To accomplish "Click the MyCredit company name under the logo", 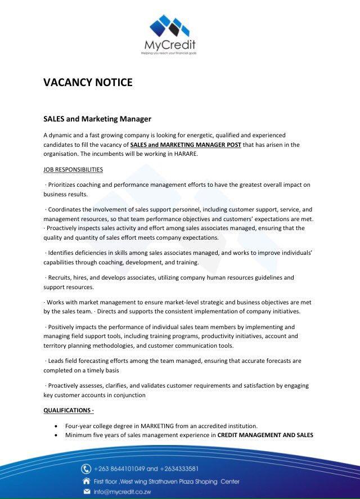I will tap(168, 45).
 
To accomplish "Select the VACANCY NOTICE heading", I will tap(88, 83).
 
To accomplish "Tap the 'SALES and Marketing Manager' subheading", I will tap(97, 119).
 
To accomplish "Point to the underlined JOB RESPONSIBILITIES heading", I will tap(73, 169).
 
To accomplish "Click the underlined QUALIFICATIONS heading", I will tap(67, 411).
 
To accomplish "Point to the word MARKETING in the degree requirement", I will tap(157, 426).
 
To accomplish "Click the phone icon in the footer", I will tap(86, 469).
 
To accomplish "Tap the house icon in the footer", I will tap(86, 481).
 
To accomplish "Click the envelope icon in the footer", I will tap(86, 492).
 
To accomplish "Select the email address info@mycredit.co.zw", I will tap(124, 492).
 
